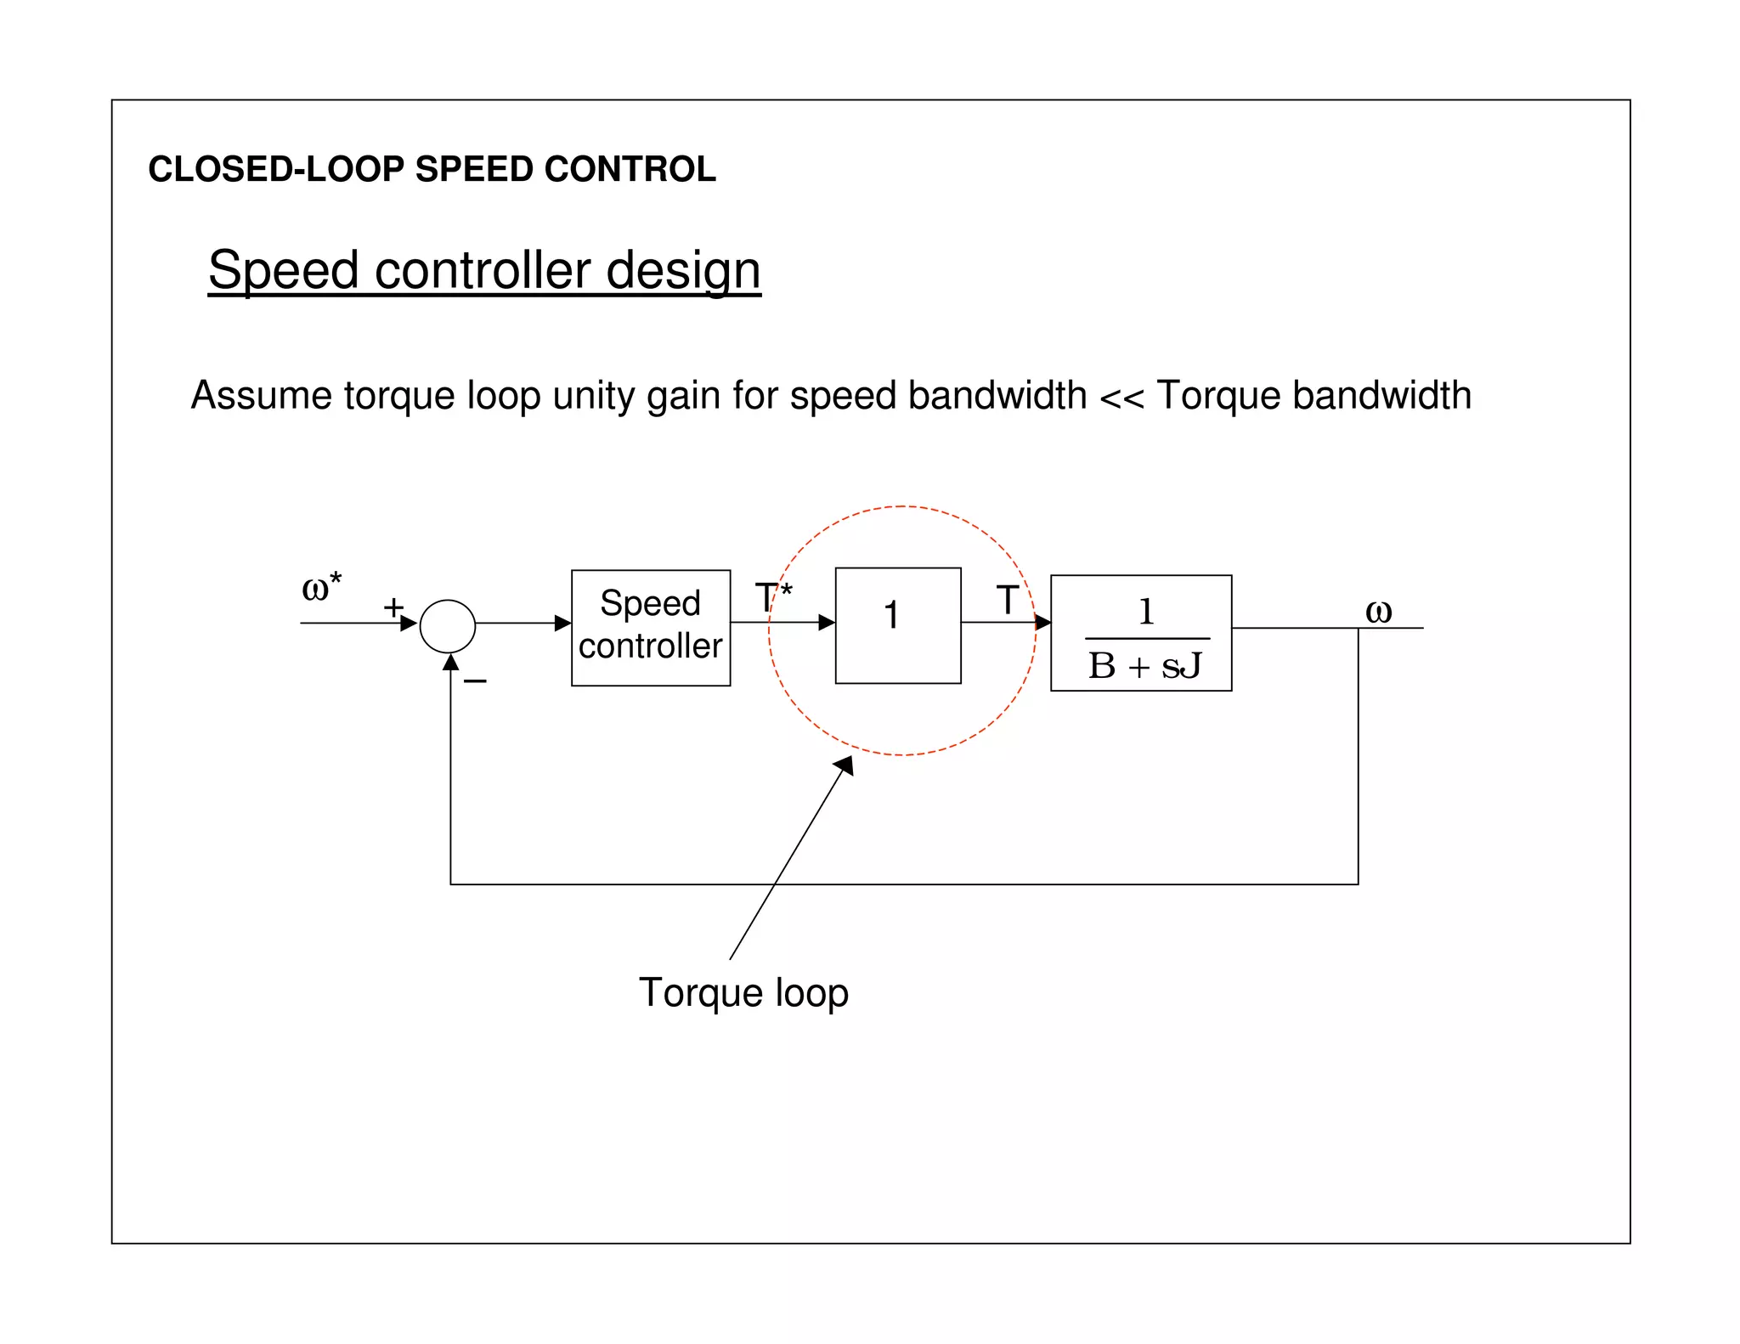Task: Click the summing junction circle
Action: tap(448, 626)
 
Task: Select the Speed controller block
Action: tap(651, 627)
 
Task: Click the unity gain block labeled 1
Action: tap(898, 625)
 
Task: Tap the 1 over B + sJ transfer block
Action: tap(1141, 633)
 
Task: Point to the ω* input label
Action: tap(321, 587)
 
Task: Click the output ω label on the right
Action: tap(1378, 611)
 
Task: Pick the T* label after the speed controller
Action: tap(773, 596)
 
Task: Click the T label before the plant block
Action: tap(1008, 601)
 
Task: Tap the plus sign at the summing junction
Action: tap(393, 607)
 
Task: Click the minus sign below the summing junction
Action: tap(475, 680)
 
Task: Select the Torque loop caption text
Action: tap(743, 992)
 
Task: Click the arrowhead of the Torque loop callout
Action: tap(845, 765)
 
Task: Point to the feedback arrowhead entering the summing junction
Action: tap(450, 662)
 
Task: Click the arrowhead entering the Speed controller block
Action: tap(562, 624)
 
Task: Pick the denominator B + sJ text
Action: tap(1144, 667)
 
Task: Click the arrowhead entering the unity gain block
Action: tap(827, 623)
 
